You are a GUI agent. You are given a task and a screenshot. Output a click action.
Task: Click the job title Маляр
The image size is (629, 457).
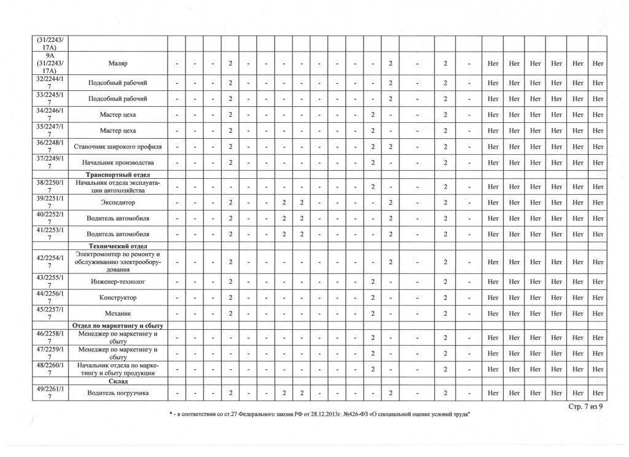pyautogui.click(x=117, y=64)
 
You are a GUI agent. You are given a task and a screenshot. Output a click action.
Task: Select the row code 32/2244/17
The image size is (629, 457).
pyautogui.click(x=50, y=83)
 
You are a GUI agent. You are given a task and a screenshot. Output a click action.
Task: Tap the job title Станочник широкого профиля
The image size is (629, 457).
pyautogui.click(x=117, y=147)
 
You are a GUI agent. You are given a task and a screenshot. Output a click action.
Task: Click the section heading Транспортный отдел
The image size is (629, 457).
pyautogui.click(x=117, y=174)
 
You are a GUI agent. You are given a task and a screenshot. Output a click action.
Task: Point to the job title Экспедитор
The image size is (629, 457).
pyautogui.click(x=117, y=202)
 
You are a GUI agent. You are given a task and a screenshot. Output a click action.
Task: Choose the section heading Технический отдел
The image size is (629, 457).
pyautogui.click(x=117, y=246)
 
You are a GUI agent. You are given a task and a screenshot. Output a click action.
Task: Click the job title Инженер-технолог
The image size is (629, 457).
pyautogui.click(x=117, y=281)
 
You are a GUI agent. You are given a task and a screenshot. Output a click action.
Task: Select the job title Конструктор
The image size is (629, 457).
pyautogui.click(x=117, y=297)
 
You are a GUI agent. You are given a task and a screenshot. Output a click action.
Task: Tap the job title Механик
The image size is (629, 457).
pyautogui.click(x=117, y=313)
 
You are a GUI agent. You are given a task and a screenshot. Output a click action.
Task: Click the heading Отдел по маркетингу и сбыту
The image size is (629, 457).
pyautogui.click(x=117, y=325)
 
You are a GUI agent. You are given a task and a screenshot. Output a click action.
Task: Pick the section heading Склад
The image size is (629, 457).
pyautogui.click(x=117, y=381)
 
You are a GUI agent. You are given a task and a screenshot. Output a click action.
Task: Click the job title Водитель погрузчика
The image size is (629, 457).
pyautogui.click(x=117, y=393)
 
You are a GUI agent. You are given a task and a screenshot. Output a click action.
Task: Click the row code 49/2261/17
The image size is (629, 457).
pyautogui.click(x=50, y=393)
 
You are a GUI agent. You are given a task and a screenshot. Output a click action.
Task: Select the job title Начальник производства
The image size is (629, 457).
pyautogui.click(x=117, y=163)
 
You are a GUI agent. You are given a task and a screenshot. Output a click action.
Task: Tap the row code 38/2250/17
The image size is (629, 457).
pyautogui.click(x=50, y=186)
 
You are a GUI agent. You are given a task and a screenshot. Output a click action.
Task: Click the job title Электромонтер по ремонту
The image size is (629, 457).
pyautogui.click(x=117, y=262)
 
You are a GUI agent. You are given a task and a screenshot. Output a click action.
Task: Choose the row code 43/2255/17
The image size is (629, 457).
pyautogui.click(x=50, y=281)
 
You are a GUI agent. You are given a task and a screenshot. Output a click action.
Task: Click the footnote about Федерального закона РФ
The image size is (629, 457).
pyautogui.click(x=320, y=416)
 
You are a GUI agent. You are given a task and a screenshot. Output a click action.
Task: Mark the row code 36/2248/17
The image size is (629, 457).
pyautogui.click(x=50, y=147)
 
